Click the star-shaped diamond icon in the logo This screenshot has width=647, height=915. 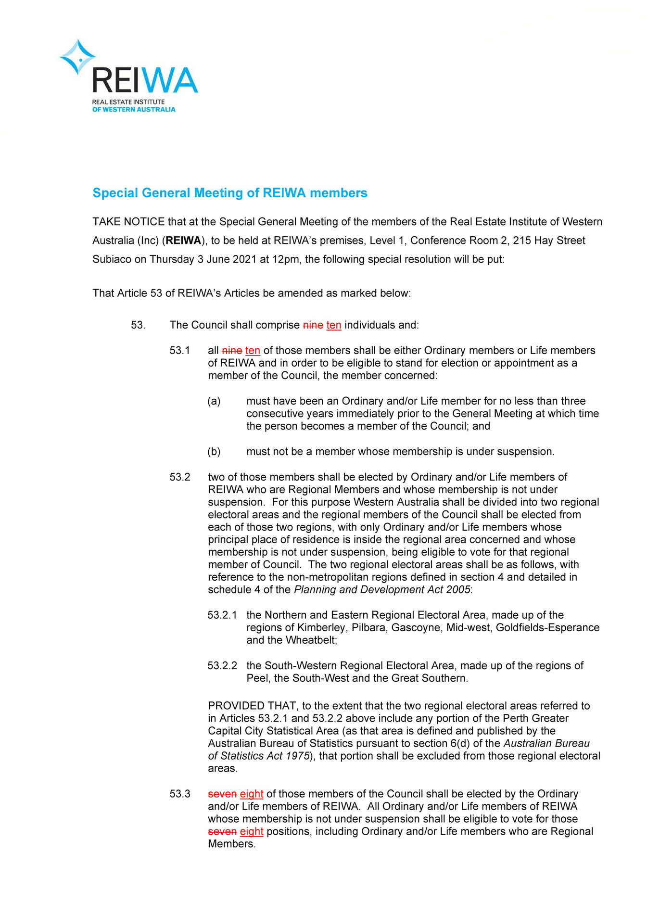[78, 57]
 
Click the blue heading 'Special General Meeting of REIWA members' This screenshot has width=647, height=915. [229, 193]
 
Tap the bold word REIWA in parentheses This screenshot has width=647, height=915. [183, 241]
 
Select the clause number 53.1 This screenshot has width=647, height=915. [179, 351]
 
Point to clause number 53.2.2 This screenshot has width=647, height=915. [222, 666]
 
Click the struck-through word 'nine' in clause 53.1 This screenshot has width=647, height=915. [232, 351]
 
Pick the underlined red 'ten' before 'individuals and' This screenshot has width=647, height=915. [333, 325]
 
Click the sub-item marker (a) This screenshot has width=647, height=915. [214, 401]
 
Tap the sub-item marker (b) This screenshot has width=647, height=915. [214, 452]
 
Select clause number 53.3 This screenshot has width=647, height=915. [179, 794]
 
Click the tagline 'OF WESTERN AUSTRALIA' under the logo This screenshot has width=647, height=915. [134, 110]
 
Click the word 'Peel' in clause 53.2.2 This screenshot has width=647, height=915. [256, 678]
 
